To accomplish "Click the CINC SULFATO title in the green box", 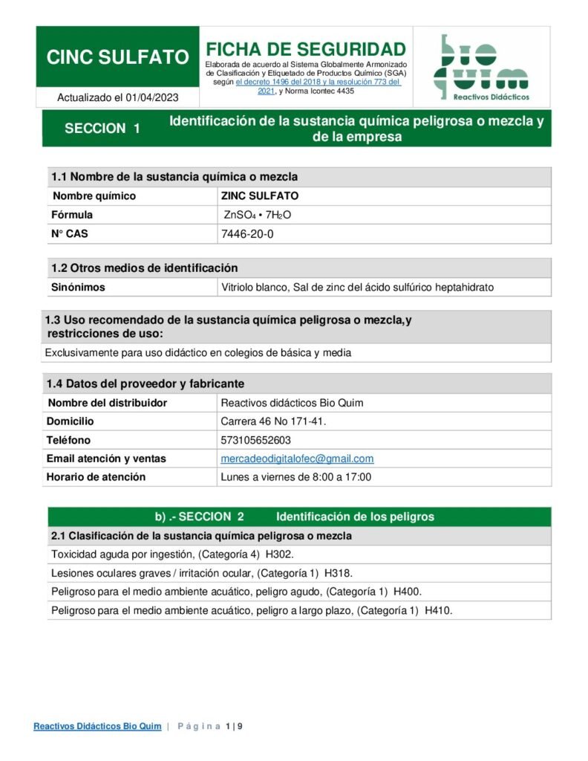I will click(x=117, y=57).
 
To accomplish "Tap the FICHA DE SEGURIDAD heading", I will click(x=305, y=50).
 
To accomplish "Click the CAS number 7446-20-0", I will click(x=247, y=234).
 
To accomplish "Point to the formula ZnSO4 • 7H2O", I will click(x=258, y=215).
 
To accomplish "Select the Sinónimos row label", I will click(x=78, y=287).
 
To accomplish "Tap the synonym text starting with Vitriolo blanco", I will click(x=357, y=287).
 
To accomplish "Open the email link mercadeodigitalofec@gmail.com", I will click(x=297, y=459).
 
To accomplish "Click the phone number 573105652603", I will click(x=256, y=440).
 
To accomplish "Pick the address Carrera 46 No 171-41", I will click(x=273, y=421).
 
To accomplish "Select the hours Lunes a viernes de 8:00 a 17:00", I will click(x=296, y=477).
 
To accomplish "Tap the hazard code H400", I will click(x=408, y=592).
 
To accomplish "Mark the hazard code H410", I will click(x=438, y=611).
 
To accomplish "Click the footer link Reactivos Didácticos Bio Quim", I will click(x=97, y=726).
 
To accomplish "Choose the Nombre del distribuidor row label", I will click(x=108, y=403).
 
